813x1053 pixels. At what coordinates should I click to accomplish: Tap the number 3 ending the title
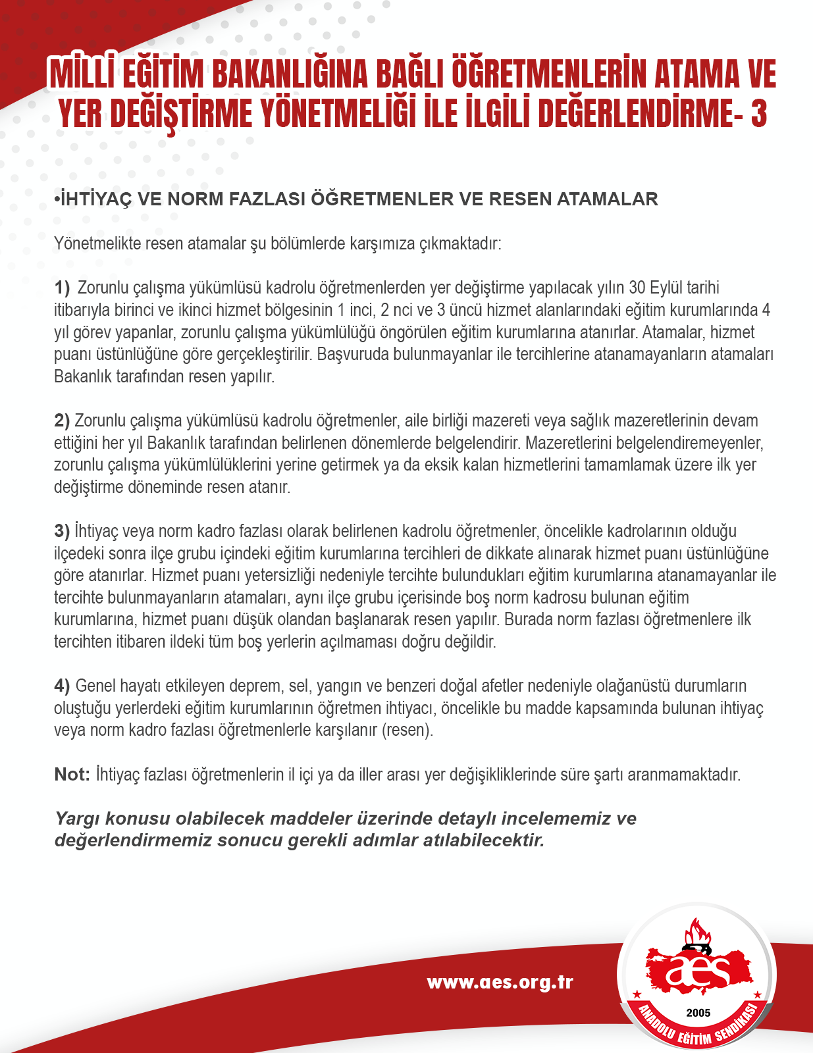[x=758, y=114]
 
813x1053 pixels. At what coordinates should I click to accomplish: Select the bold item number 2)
[x=62, y=421]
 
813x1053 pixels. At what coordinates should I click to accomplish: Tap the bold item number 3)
[x=62, y=531]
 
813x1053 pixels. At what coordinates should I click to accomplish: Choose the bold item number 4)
[x=62, y=686]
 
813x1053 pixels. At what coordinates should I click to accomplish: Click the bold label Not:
[x=72, y=774]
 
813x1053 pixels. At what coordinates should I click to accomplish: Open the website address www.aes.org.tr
[x=500, y=983]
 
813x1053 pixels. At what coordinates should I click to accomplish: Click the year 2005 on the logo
[x=698, y=1013]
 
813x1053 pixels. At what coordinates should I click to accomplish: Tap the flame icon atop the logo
[x=698, y=933]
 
